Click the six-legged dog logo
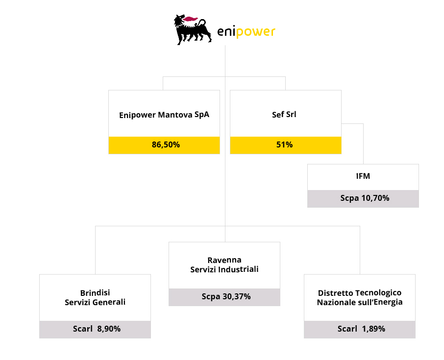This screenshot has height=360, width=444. click(x=193, y=30)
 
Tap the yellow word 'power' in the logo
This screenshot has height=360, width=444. click(x=255, y=32)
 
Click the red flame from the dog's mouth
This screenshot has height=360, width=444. click(x=190, y=19)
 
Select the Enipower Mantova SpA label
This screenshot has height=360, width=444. click(x=164, y=115)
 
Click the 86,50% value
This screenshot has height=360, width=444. click(x=166, y=144)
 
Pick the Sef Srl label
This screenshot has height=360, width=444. click(x=284, y=114)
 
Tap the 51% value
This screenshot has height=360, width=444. click(x=285, y=144)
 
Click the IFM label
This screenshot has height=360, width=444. click(x=363, y=176)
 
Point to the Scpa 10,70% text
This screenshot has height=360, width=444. click(x=365, y=198)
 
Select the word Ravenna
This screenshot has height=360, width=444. click(x=224, y=260)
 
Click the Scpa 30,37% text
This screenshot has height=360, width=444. click(x=226, y=297)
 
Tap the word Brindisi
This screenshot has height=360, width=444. click(x=95, y=292)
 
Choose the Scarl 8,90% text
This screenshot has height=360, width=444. click(x=97, y=329)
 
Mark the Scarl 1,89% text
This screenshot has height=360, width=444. click(x=361, y=329)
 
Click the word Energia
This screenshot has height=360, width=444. click(x=388, y=303)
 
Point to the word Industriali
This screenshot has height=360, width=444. click(x=242, y=269)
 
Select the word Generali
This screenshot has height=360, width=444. click(x=111, y=302)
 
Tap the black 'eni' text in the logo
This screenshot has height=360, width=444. click(x=226, y=31)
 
